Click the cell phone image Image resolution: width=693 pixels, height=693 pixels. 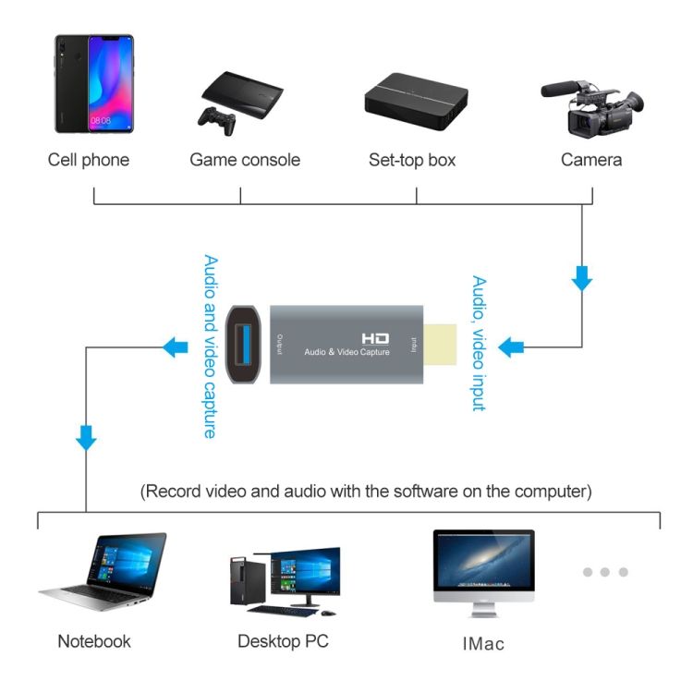[93, 84]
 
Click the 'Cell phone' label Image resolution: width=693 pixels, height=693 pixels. [89, 160]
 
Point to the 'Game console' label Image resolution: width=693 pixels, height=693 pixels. [245, 160]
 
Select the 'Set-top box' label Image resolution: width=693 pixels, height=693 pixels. [412, 160]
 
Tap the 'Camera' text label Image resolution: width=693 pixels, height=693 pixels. [591, 160]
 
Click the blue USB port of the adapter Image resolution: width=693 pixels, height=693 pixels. [244, 346]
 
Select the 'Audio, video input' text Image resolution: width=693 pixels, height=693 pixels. [479, 343]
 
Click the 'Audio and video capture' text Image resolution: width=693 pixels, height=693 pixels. [210, 346]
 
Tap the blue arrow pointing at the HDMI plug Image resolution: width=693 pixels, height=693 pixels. [511, 347]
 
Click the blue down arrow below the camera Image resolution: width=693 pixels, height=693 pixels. [581, 278]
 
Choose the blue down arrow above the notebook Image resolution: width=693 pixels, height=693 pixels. [86, 437]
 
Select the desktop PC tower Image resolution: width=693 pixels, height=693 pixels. [242, 581]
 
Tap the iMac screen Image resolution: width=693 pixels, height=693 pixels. [483, 562]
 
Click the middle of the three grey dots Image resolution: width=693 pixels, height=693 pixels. [605, 572]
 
